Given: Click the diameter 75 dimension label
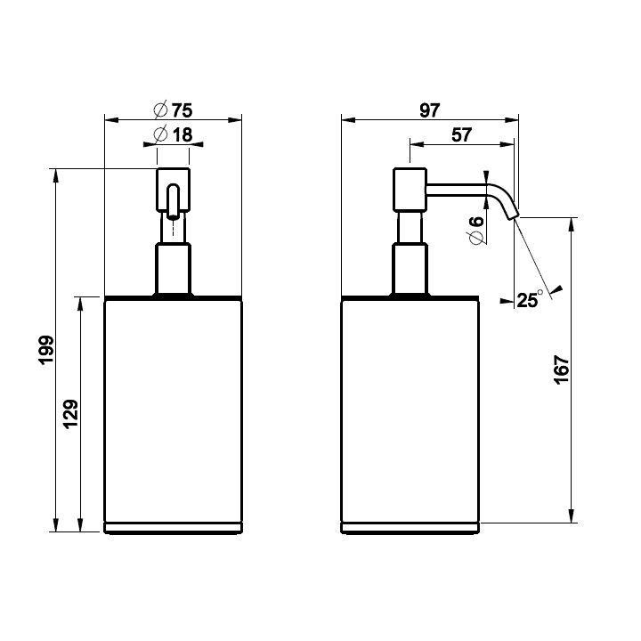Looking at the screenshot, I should coord(174,110).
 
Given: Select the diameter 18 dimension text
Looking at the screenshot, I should coord(174,135).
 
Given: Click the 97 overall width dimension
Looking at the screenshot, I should coord(429,110).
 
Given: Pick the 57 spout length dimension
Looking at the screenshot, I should coord(461,135).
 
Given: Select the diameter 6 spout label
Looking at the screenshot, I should coord(476,231).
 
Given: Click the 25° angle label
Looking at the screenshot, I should coord(529,300).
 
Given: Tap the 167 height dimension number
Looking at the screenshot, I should coord(561,369).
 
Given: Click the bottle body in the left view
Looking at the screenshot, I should coord(174,410).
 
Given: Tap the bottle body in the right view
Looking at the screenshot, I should coord(411,410).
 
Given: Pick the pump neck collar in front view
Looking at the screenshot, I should coord(174,270).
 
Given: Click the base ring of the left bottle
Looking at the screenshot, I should coord(174,528).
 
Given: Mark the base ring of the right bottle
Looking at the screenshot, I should coord(411,528).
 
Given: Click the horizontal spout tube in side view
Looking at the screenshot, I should coord(458,187).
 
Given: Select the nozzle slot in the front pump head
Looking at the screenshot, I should coord(174,199).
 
